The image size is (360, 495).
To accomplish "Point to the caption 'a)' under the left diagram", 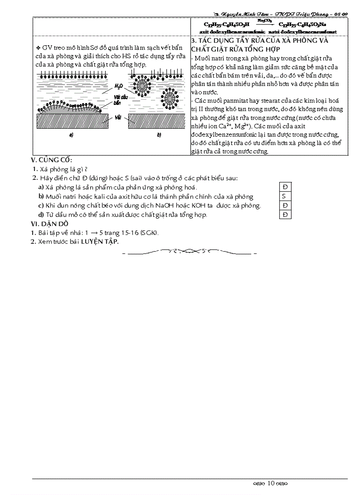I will coord(71,135).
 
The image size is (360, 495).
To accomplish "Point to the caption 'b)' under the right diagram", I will coord(159,135).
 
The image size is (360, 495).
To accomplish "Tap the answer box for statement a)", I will coord(285,187).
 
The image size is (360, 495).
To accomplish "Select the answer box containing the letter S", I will coord(285,196).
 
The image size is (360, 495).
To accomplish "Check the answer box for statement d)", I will coord(285,215).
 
